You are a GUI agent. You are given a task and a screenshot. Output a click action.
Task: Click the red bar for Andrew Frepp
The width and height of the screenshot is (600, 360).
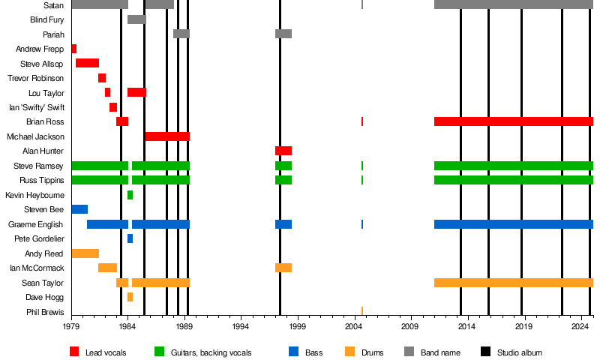(73, 49)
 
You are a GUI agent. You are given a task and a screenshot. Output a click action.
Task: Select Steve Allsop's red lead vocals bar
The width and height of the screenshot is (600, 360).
(87, 63)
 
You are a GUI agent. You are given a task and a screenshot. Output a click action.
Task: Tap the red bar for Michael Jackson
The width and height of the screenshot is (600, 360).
(167, 136)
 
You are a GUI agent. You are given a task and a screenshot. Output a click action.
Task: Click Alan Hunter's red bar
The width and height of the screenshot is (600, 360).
(283, 151)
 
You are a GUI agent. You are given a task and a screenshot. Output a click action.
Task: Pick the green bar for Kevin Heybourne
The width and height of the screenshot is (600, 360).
(130, 195)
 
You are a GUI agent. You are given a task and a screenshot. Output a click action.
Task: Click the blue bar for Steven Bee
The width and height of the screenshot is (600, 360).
(79, 209)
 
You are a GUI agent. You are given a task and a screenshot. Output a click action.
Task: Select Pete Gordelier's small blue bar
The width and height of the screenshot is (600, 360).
(130, 238)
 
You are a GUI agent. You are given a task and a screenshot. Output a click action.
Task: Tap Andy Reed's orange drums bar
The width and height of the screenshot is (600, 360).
(85, 253)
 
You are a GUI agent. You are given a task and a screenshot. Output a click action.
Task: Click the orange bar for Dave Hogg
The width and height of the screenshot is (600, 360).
(130, 297)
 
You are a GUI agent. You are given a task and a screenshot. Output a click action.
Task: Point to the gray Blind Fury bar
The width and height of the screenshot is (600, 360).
(136, 19)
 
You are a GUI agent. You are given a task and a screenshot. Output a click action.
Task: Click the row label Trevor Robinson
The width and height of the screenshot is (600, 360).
(35, 78)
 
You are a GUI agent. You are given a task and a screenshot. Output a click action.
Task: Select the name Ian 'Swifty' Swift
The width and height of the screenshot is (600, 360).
(37, 107)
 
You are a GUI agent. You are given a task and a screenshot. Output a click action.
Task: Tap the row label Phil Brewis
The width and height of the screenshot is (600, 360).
(45, 312)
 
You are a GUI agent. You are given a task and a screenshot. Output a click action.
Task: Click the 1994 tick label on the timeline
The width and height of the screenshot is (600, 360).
(240, 326)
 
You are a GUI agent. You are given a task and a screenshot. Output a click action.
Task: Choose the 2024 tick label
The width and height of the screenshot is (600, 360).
(580, 326)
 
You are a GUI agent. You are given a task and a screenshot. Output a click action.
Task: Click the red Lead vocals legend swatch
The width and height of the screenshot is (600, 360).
(74, 352)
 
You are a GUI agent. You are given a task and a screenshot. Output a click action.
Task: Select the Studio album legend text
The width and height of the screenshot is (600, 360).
(520, 352)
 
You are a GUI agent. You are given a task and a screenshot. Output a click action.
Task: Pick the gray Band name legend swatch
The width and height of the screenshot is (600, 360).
(409, 352)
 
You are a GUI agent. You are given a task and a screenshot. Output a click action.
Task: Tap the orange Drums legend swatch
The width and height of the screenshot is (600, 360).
(349, 352)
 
